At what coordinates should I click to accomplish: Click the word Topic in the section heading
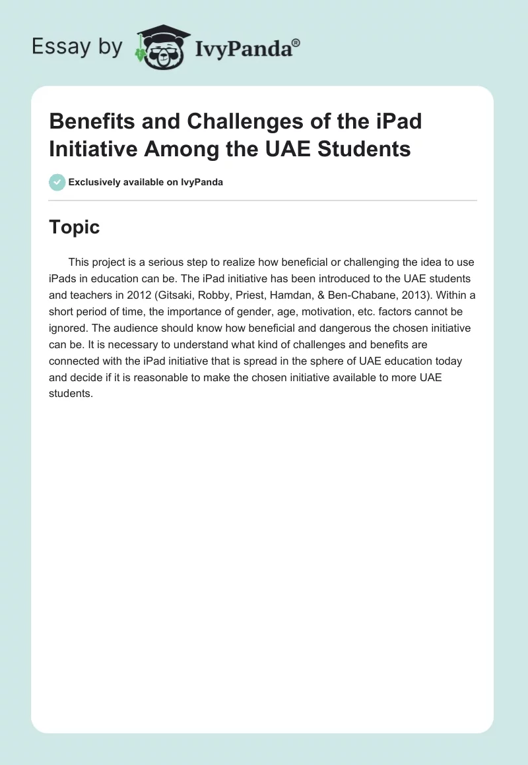coord(75,227)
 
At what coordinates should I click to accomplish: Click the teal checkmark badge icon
coord(57,182)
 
